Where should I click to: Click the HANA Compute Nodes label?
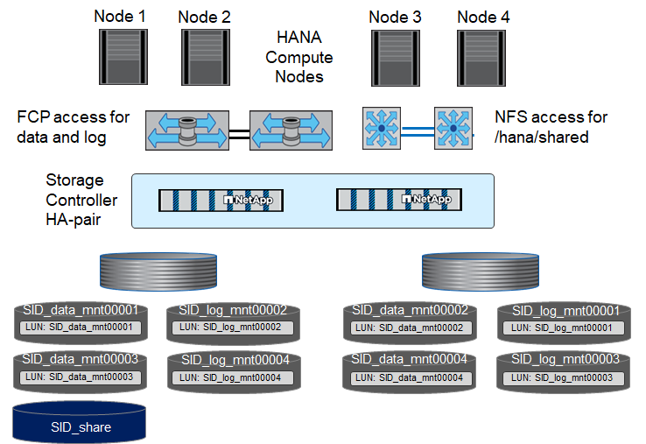(x=299, y=58)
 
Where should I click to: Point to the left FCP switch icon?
(x=186, y=133)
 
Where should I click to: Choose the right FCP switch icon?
(x=291, y=133)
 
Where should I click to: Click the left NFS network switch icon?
(x=381, y=128)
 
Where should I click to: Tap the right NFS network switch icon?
(x=453, y=128)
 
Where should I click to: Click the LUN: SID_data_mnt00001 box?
(x=80, y=327)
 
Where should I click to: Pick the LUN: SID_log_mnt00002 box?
(x=230, y=327)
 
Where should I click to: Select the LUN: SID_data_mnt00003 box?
(x=80, y=377)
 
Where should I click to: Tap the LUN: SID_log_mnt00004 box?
(x=230, y=377)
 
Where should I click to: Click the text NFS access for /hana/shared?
(x=551, y=127)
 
